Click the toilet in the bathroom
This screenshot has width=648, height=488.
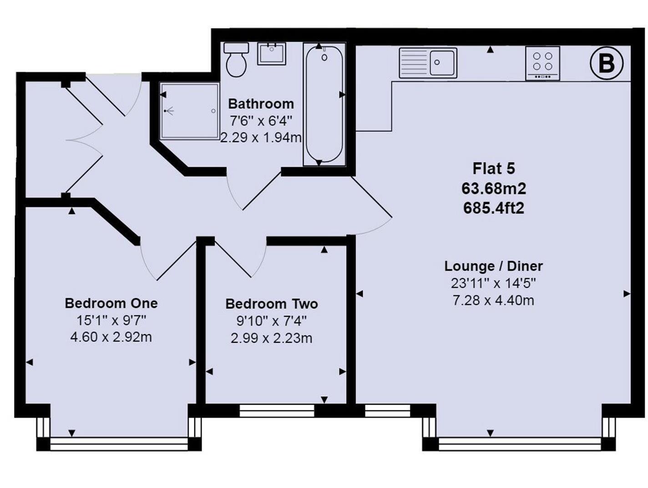pyautogui.click(x=236, y=60)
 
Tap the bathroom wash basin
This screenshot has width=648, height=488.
pyautogui.click(x=272, y=54)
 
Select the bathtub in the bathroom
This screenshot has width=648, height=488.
pyautogui.click(x=324, y=104)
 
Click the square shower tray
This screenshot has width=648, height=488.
pyautogui.click(x=189, y=111)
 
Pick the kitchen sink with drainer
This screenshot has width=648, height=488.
pyautogui.click(x=428, y=63)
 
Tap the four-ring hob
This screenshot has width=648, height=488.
pyautogui.click(x=542, y=63)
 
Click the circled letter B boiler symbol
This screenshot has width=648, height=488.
pyautogui.click(x=606, y=63)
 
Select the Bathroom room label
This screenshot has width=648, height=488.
pyautogui.click(x=261, y=104)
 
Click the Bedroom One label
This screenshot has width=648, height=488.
pyautogui.click(x=111, y=303)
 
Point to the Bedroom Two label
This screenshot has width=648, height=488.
pyautogui.click(x=272, y=304)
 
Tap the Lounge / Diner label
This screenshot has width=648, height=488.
pyautogui.click(x=494, y=266)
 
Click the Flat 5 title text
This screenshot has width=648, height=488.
pyautogui.click(x=494, y=168)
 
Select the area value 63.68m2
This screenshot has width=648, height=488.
pyautogui.click(x=494, y=188)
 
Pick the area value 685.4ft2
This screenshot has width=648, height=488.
pyautogui.click(x=494, y=208)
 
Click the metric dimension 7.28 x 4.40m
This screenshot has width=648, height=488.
pyautogui.click(x=494, y=300)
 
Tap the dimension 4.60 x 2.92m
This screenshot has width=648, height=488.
pyautogui.click(x=111, y=337)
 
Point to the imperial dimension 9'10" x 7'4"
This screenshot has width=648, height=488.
pyautogui.click(x=272, y=321)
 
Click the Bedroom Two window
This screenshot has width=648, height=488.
pyautogui.click(x=277, y=411)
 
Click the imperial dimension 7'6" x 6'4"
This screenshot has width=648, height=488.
pyautogui.click(x=261, y=121)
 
